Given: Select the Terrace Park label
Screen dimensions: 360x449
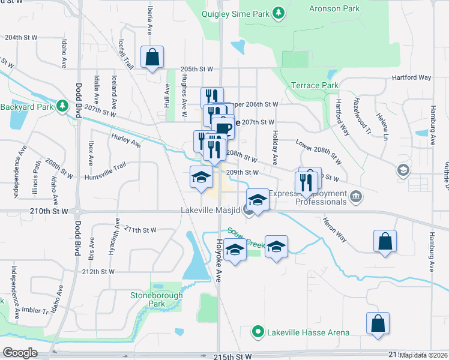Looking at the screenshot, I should click(x=315, y=86).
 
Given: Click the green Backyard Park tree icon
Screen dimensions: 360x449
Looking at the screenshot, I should click(x=62, y=107).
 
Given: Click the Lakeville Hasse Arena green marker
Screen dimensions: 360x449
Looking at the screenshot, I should click(x=258, y=331).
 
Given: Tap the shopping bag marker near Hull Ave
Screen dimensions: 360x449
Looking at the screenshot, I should click(x=152, y=58).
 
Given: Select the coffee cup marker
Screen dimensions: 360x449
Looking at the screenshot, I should click(x=223, y=127).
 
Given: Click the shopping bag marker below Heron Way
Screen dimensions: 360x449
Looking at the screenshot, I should click(x=384, y=241).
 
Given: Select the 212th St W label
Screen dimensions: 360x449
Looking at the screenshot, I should click(x=98, y=271).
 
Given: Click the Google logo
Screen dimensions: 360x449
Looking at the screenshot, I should click(x=20, y=353).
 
